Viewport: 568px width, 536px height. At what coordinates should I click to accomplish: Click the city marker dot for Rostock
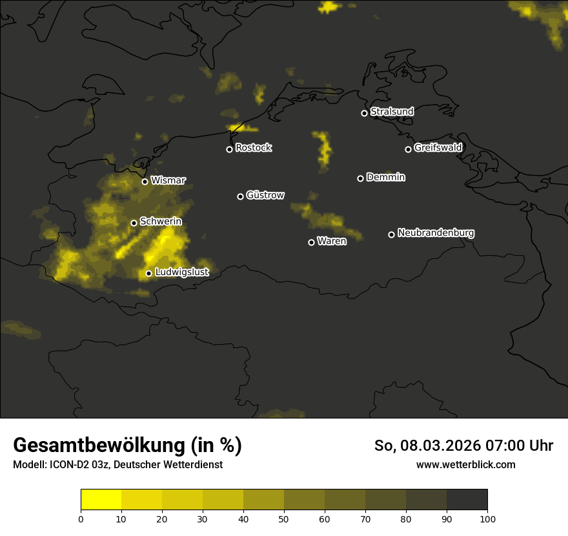coord(229,149)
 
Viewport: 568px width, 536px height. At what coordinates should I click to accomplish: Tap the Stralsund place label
coord(392,112)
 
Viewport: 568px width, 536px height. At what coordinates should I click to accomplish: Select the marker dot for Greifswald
coord(408,149)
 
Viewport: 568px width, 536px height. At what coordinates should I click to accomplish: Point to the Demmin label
coord(385,177)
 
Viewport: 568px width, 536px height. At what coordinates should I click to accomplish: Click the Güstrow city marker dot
coord(240,196)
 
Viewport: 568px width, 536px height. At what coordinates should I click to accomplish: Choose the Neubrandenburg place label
coord(436,232)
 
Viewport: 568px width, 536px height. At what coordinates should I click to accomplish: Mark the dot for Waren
coord(311,242)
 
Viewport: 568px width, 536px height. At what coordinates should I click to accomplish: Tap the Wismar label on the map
coord(168,180)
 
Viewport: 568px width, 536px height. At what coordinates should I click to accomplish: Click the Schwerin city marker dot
coord(134,223)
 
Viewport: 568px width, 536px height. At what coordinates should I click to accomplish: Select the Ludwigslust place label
coord(181,272)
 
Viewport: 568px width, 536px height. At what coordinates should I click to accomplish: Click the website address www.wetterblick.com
coord(465,464)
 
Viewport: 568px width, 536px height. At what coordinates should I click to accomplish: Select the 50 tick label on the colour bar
coord(284,519)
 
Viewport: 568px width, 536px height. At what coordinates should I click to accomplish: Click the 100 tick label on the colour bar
coord(487,519)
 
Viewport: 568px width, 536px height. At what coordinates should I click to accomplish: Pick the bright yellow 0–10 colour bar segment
coord(101,500)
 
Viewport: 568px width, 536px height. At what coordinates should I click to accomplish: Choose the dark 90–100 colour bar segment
coord(467,500)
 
